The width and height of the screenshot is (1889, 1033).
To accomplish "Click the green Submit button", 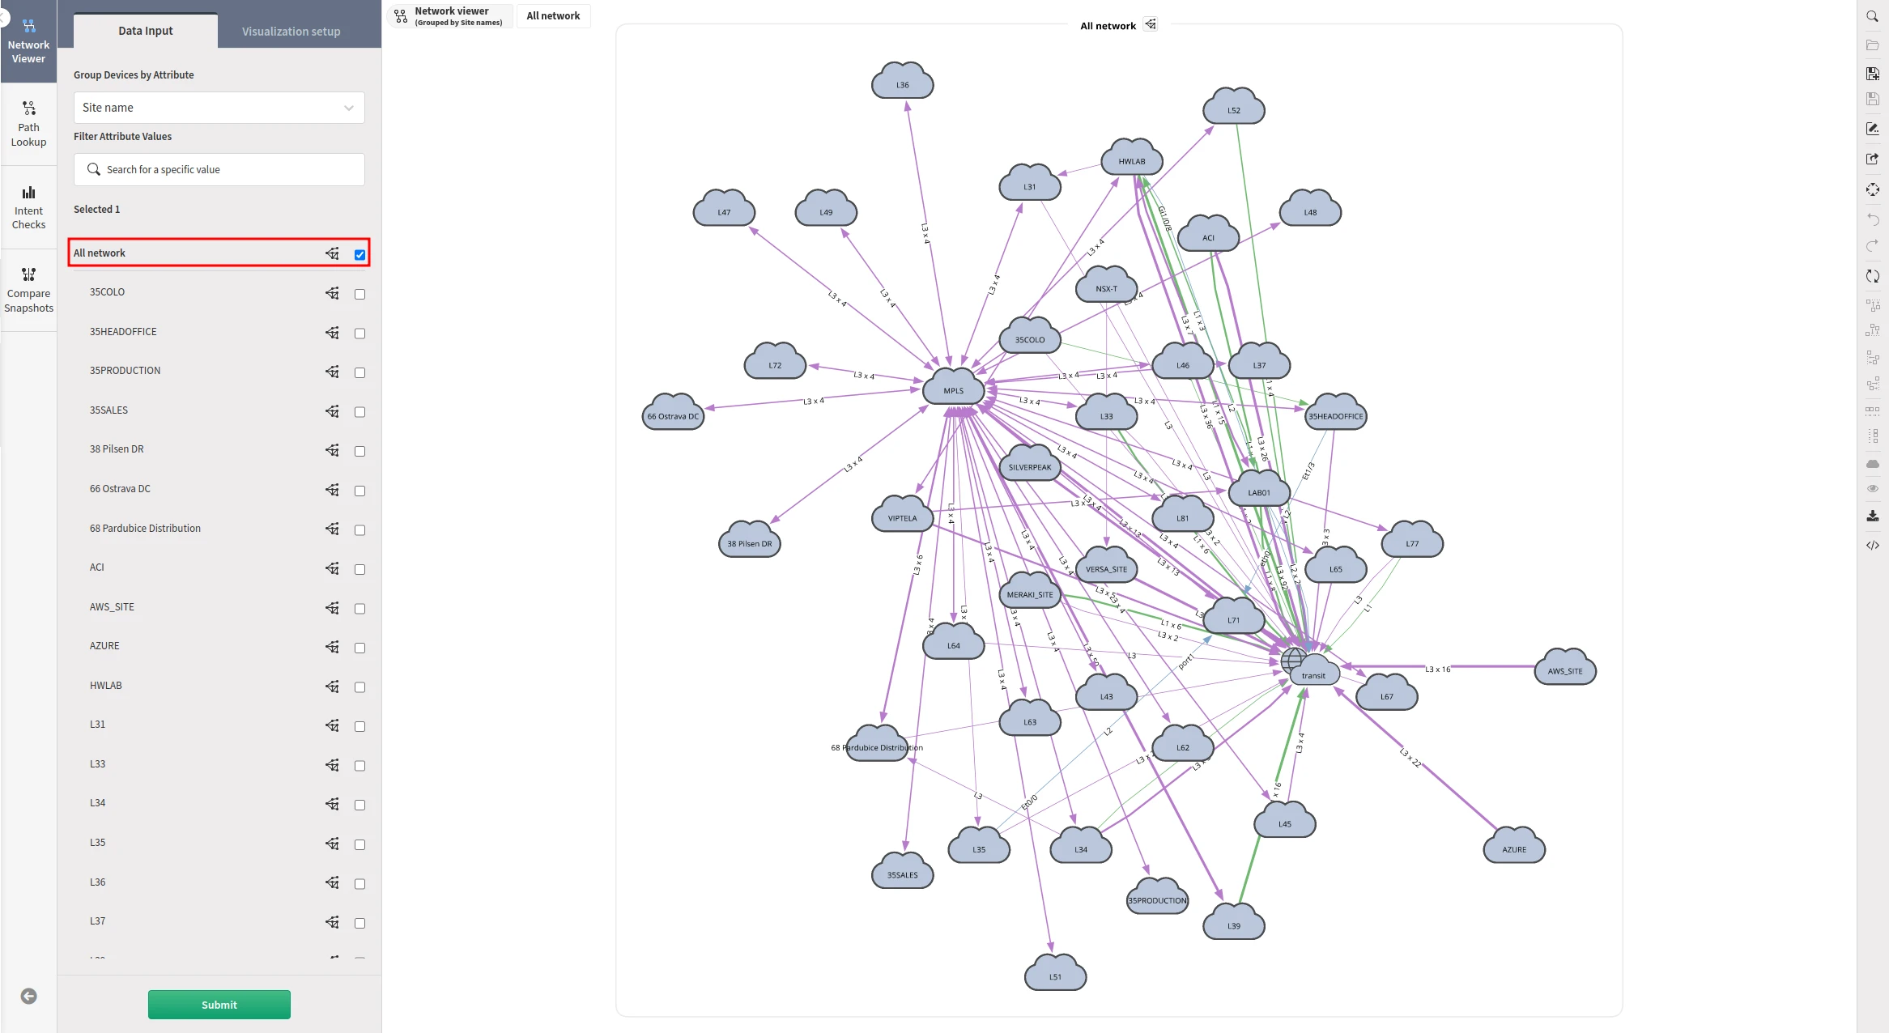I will click(x=219, y=1005).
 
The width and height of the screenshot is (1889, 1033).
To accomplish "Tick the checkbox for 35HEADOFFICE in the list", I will click(x=360, y=334).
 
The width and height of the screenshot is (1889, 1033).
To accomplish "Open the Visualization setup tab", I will click(x=291, y=32).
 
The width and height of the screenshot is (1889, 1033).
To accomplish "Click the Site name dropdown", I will click(x=219, y=108).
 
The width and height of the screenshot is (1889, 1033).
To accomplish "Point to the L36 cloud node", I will click(x=902, y=83).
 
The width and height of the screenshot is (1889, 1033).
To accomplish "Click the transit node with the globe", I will click(x=1312, y=672).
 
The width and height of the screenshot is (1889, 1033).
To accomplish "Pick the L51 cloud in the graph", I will click(x=1055, y=975).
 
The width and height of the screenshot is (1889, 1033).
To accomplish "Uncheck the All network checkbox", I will click(x=360, y=255).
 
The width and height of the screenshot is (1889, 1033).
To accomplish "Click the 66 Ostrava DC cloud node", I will click(x=672, y=414).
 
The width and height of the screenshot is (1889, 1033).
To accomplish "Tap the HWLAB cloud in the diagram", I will click(x=1131, y=159).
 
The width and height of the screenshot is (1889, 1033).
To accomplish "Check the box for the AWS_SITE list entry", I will click(x=360, y=609).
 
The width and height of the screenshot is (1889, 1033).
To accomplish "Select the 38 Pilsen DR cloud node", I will click(x=749, y=542).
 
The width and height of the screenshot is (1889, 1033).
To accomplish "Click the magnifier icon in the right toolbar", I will click(x=1872, y=16).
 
